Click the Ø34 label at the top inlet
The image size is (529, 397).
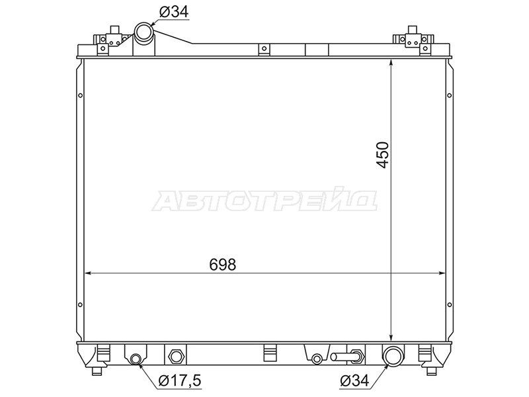[x=174, y=12]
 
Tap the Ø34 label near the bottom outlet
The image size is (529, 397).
[x=355, y=381]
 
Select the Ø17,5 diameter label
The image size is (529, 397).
[x=180, y=381]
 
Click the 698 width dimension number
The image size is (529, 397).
[x=223, y=265]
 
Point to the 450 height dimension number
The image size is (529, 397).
[x=383, y=155]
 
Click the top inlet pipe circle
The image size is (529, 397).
[x=144, y=32]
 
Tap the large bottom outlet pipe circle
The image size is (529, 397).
[x=392, y=356]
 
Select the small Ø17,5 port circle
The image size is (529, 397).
[x=136, y=359]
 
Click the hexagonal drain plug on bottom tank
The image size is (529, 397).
[x=175, y=356]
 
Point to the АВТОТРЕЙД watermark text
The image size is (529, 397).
[x=264, y=201]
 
